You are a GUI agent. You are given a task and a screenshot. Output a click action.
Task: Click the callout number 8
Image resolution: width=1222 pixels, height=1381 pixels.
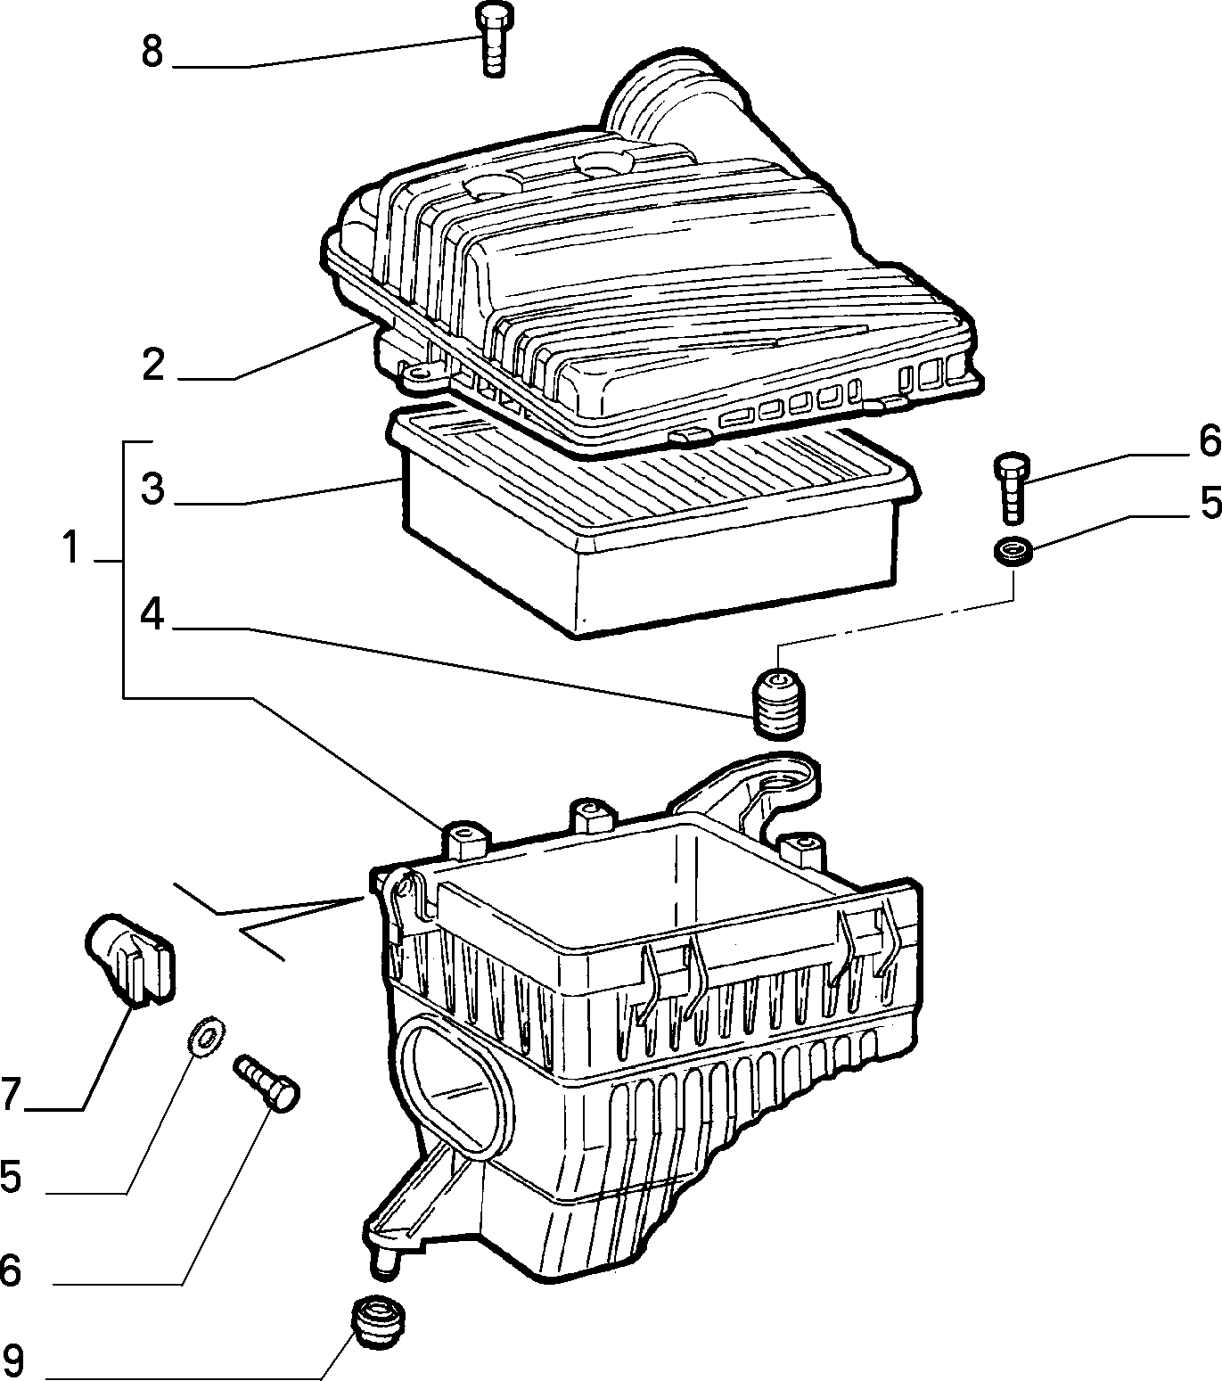coord(152,52)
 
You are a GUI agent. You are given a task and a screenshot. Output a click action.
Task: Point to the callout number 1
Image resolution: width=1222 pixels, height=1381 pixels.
coord(71,547)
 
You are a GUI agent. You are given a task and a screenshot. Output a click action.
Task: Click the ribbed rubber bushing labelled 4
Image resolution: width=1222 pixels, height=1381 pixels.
coord(778,703)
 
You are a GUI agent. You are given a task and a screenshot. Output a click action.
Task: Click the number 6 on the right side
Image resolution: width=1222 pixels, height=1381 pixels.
coord(1210,441)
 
